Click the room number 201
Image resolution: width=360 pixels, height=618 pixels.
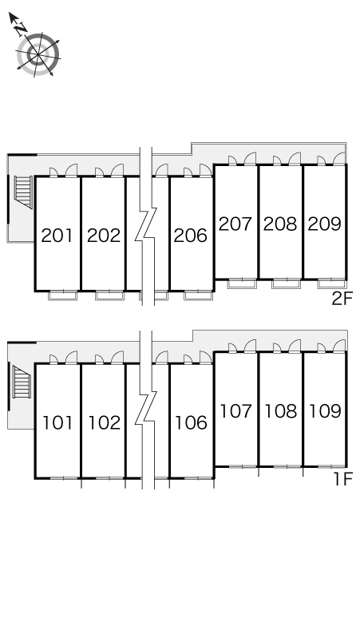tap(57, 236)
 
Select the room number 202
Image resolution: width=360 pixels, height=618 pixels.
tap(104, 236)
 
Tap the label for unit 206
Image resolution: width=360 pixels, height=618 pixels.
tap(191, 236)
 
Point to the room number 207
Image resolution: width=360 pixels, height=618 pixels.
tap(235, 224)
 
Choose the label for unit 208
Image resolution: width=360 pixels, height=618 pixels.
tap(280, 224)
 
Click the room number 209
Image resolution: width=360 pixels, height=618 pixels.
tap(325, 224)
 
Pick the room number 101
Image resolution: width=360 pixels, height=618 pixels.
tap(57, 423)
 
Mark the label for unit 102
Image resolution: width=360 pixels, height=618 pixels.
tap(104, 423)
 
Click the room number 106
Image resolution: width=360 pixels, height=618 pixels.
tap(191, 423)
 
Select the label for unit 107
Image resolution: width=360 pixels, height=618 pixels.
tap(235, 411)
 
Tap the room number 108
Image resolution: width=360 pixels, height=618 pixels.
tap(280, 411)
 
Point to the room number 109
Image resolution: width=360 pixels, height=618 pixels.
tap(325, 411)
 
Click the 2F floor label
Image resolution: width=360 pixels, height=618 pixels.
tap(342, 299)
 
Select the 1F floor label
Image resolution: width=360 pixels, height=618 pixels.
tap(342, 479)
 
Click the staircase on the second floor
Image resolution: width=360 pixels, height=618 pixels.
tap(23, 192)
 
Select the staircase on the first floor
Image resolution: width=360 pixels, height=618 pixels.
tap(22, 382)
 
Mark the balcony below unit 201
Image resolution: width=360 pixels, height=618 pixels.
tap(62, 295)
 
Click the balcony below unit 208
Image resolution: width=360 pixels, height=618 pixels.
tap(287, 283)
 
